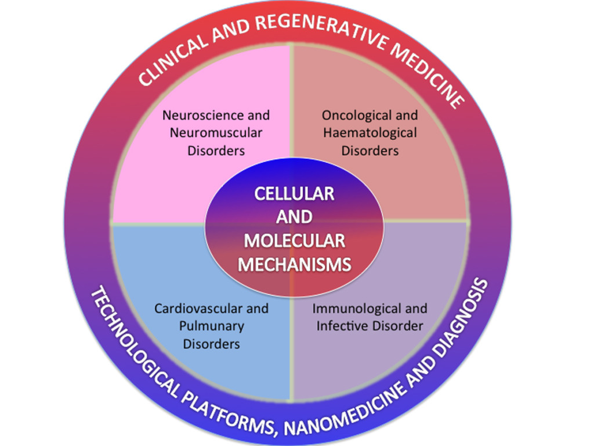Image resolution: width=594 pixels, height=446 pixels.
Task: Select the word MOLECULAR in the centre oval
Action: [x=295, y=240]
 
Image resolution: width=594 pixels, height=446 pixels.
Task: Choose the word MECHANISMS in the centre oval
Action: [x=295, y=264]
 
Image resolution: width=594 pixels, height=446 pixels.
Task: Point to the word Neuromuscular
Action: [x=216, y=132]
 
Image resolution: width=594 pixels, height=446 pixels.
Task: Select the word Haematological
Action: [x=370, y=132]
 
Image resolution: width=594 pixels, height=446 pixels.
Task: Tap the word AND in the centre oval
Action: [x=295, y=217]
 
